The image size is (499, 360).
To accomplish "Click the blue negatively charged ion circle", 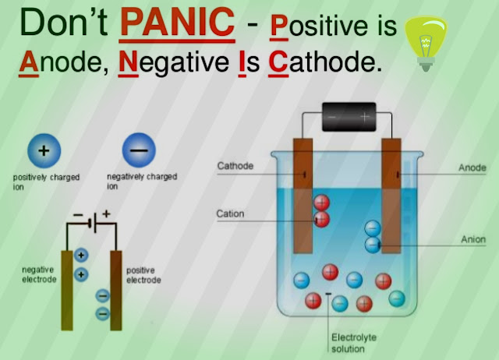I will click(x=137, y=150).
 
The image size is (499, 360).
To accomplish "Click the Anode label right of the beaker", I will click(x=471, y=168).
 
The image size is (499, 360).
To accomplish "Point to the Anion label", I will click(x=472, y=240).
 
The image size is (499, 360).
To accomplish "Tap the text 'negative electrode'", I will click(x=38, y=274).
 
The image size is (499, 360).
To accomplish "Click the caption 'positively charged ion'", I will click(x=45, y=182).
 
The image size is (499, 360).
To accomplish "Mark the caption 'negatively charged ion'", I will click(x=141, y=182).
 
